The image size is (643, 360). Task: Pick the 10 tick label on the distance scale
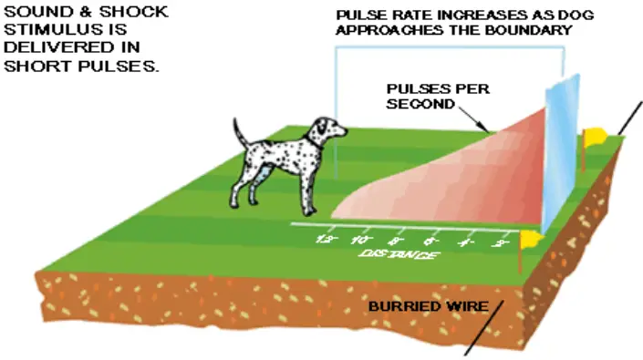359,241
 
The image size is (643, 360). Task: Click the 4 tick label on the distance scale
466,243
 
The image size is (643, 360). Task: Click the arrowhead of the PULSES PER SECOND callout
487,129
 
